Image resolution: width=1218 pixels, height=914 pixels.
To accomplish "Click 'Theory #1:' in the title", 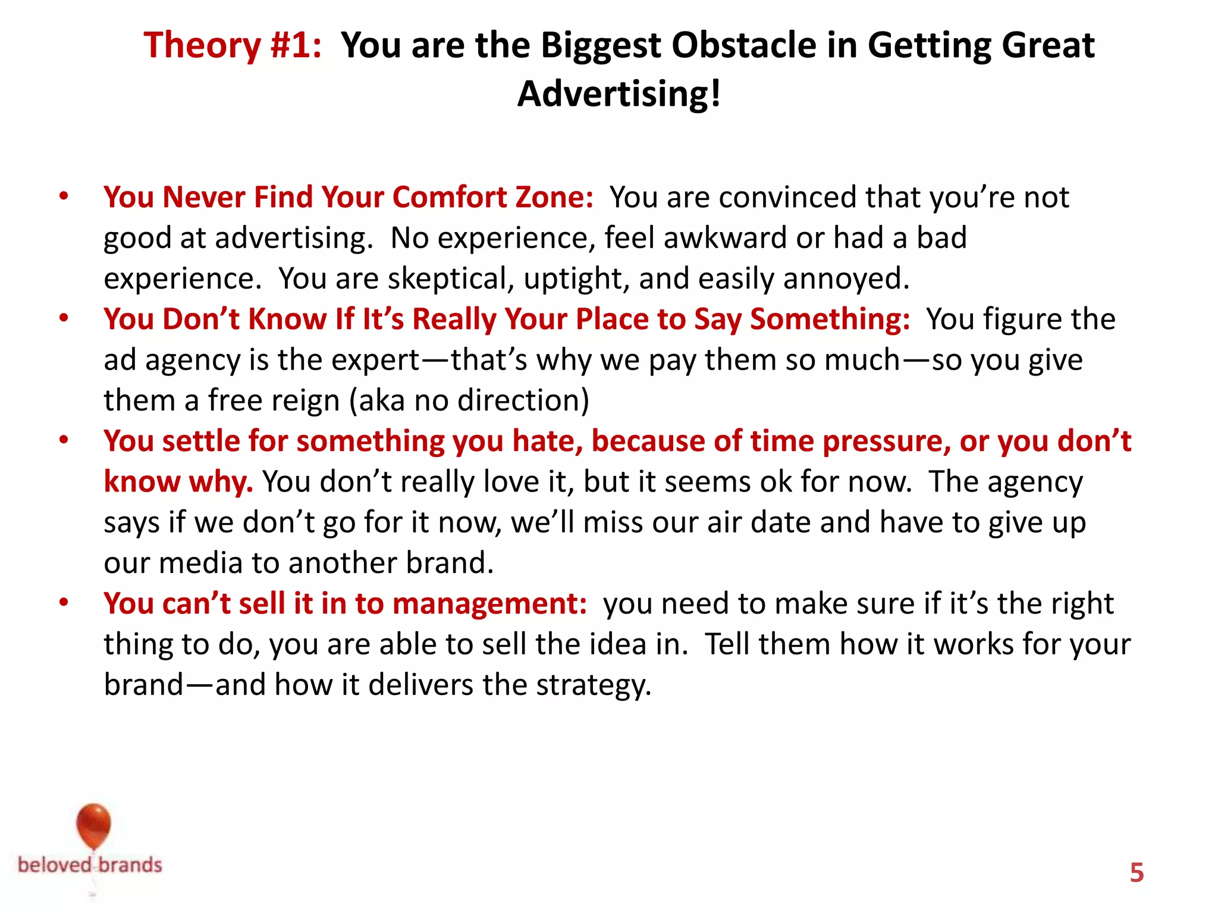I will click(x=233, y=45).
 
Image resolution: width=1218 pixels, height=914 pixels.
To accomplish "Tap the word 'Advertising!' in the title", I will click(x=619, y=94).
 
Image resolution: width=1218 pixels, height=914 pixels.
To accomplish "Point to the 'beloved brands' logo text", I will click(x=90, y=865).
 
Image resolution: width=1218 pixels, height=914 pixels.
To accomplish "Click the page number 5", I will click(x=1137, y=873).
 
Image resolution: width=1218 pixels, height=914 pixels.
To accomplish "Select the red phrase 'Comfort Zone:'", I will click(x=492, y=197).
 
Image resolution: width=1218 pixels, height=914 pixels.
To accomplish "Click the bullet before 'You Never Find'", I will click(x=64, y=196).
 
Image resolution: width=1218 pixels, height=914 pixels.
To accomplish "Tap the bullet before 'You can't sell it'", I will click(x=64, y=602).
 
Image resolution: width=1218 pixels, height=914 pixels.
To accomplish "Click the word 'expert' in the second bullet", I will click(x=375, y=360).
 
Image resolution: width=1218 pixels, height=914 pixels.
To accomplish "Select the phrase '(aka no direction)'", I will click(x=469, y=400).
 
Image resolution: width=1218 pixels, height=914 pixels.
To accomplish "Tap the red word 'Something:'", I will click(x=830, y=319).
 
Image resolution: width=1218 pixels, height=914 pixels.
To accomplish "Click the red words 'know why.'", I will click(x=178, y=481).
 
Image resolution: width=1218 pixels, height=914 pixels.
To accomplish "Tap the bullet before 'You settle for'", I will click(x=64, y=440).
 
